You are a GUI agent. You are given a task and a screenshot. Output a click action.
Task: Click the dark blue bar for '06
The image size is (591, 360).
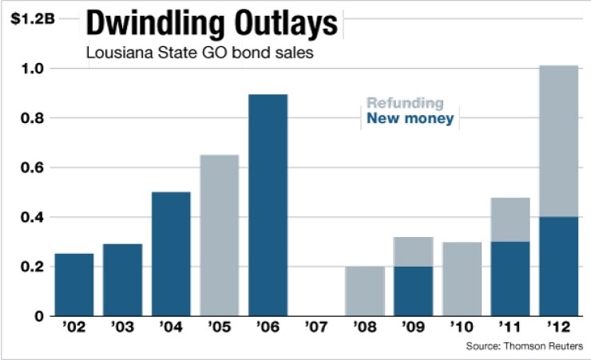(x=268, y=205)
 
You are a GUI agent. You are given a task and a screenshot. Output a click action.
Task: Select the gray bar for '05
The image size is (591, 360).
(x=220, y=235)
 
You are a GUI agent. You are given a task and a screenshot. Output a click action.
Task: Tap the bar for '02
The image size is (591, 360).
(x=74, y=285)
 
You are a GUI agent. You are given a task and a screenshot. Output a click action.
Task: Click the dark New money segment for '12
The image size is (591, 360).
(x=560, y=267)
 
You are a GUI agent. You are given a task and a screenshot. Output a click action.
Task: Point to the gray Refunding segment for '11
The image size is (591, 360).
(x=511, y=220)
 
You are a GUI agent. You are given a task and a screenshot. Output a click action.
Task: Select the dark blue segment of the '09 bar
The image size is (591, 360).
(x=414, y=291)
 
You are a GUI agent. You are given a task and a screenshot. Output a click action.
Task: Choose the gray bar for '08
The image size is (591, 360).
(x=365, y=291)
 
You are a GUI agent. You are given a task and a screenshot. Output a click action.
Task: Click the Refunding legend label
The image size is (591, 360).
(x=405, y=103)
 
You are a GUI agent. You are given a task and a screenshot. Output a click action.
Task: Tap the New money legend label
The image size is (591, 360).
(x=410, y=119)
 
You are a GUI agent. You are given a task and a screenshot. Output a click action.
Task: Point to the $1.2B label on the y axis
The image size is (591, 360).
(x=33, y=18)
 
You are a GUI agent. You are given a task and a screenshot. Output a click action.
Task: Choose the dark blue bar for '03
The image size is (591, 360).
(x=123, y=280)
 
